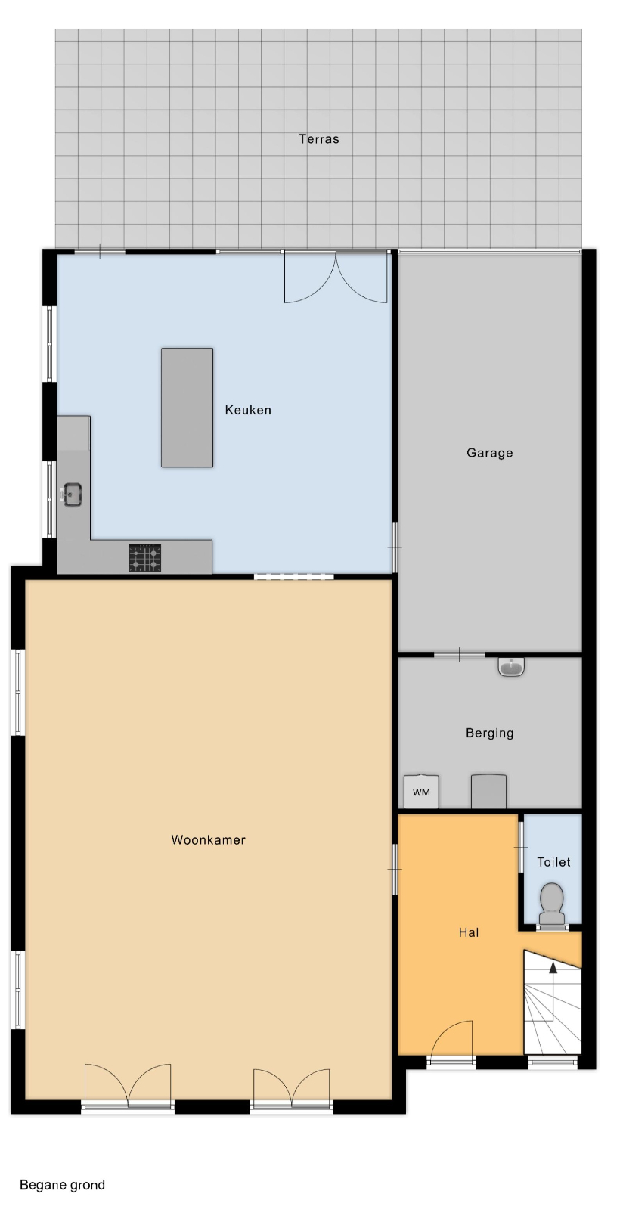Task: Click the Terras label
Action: [x=319, y=139]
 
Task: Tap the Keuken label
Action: [x=248, y=410]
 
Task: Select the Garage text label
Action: [x=489, y=453]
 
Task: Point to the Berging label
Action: [x=489, y=733]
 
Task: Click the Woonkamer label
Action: [x=209, y=839]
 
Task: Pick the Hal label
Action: [x=469, y=932]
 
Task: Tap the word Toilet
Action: [x=553, y=862]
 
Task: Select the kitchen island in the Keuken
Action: [x=187, y=408]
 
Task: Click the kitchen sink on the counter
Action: [x=72, y=495]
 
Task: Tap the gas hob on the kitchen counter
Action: [x=145, y=558]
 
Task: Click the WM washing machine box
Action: [x=421, y=791]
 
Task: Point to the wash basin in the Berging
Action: [x=511, y=667]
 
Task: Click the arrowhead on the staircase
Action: [x=553, y=968]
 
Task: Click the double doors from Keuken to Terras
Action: [x=335, y=277]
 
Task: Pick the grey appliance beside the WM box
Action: [x=489, y=791]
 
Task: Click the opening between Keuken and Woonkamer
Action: [x=293, y=576]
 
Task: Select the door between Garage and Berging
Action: [x=460, y=654]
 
